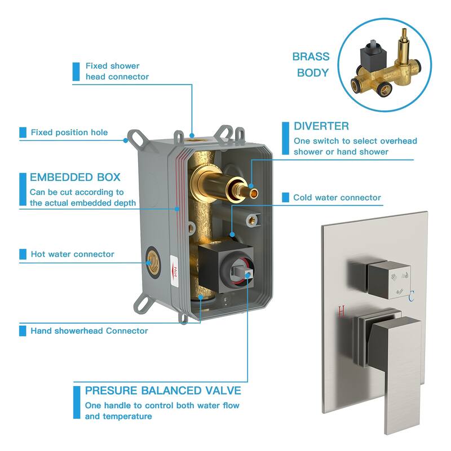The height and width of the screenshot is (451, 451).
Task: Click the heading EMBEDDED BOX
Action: [x=75, y=177]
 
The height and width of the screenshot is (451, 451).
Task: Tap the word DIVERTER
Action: [x=321, y=126]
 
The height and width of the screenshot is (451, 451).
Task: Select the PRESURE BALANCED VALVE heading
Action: [x=163, y=391]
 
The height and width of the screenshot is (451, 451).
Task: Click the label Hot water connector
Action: [x=73, y=254]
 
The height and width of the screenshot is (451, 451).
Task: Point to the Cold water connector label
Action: [x=337, y=197]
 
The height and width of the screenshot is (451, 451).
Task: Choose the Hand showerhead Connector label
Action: [x=89, y=331]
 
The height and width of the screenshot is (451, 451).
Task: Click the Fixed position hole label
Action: [x=69, y=132]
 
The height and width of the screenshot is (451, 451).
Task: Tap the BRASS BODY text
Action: [x=311, y=64]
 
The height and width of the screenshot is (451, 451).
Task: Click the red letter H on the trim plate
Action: [x=341, y=312]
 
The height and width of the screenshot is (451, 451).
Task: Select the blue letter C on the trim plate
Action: [x=412, y=297]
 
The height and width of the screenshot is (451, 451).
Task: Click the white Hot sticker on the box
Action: [x=175, y=271]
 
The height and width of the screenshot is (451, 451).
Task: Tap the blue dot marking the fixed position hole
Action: [x=125, y=140]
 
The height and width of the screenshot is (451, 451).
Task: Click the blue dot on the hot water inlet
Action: [x=148, y=263]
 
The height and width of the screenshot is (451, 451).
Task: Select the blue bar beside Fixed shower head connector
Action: [x=76, y=72]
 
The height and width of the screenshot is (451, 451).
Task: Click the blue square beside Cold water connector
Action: [x=285, y=197]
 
